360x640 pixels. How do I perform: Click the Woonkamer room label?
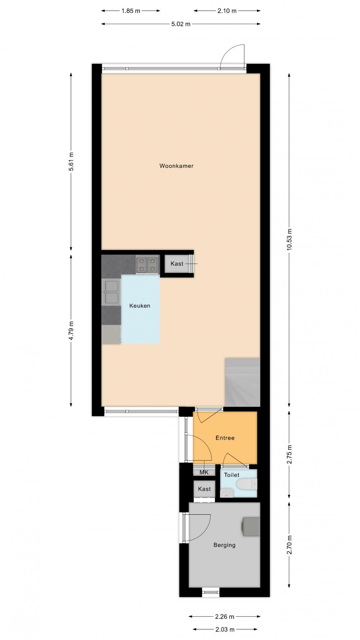(x=176, y=166)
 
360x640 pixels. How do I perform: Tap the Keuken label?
(x=140, y=306)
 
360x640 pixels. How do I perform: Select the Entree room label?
(x=225, y=438)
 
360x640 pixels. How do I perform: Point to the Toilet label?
(x=232, y=475)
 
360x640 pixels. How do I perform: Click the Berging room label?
(x=224, y=545)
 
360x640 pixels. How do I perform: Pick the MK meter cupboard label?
(x=204, y=472)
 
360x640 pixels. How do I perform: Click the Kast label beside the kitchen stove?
(x=177, y=264)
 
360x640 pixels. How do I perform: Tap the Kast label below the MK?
(x=204, y=489)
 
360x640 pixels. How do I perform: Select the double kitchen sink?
(x=111, y=292)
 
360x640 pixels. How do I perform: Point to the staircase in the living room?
(x=242, y=382)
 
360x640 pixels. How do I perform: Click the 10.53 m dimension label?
(x=289, y=239)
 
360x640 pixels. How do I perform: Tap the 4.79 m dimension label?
(x=71, y=330)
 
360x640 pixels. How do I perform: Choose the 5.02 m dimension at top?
(x=181, y=24)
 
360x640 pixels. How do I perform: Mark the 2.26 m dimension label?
(x=225, y=617)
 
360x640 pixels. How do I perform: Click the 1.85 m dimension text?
(x=131, y=11)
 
